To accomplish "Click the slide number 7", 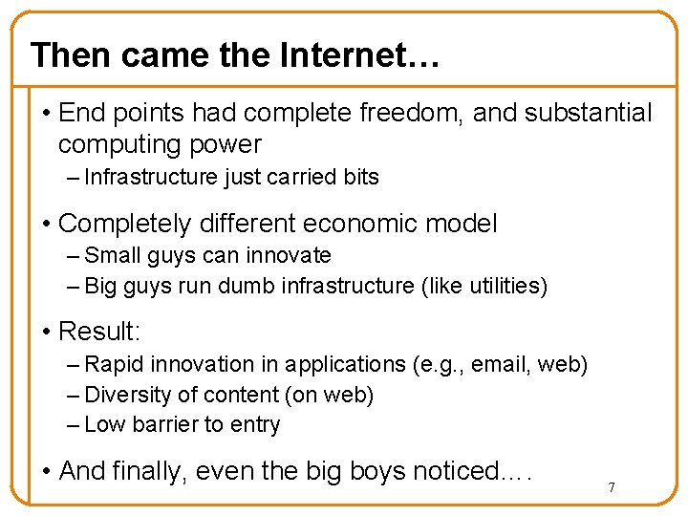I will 612,488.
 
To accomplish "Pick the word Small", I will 113,255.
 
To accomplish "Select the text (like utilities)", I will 484,286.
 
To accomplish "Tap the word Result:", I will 99,332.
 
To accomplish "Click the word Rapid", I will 114,364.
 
